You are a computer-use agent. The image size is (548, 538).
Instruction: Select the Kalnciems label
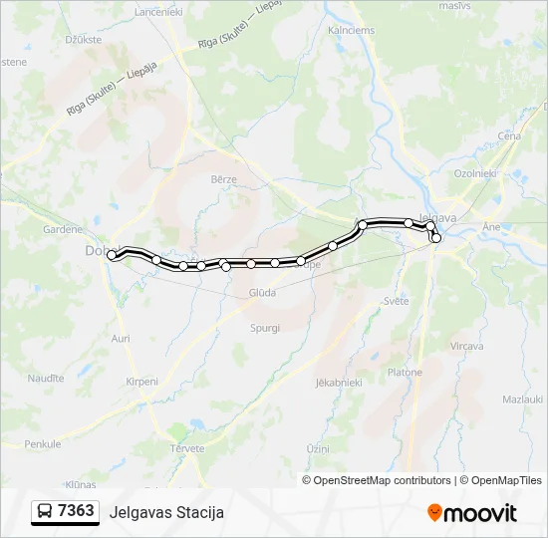pyautogui.click(x=351, y=31)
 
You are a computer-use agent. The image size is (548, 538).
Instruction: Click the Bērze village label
pyautogui.click(x=223, y=179)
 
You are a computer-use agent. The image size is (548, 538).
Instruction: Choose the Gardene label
pyautogui.click(x=62, y=228)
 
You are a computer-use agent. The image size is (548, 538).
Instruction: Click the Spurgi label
pyautogui.click(x=265, y=327)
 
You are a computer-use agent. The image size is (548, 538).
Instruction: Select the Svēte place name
pyautogui.click(x=396, y=301)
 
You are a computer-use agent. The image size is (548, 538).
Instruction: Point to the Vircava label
pyautogui.click(x=466, y=346)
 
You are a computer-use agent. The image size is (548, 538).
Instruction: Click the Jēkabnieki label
pyautogui.click(x=336, y=382)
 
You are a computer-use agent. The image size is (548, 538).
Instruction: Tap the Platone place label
pyautogui.click(x=405, y=372)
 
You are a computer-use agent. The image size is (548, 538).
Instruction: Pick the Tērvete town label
pyautogui.click(x=186, y=448)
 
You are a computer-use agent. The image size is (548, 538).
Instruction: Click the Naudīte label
pyautogui.click(x=45, y=378)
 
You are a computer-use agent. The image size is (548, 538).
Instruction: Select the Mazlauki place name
pyautogui.click(x=522, y=399)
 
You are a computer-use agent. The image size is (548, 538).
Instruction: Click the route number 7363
pyautogui.click(x=76, y=511)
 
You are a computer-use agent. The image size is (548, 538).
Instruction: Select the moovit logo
pyautogui.click(x=472, y=513)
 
